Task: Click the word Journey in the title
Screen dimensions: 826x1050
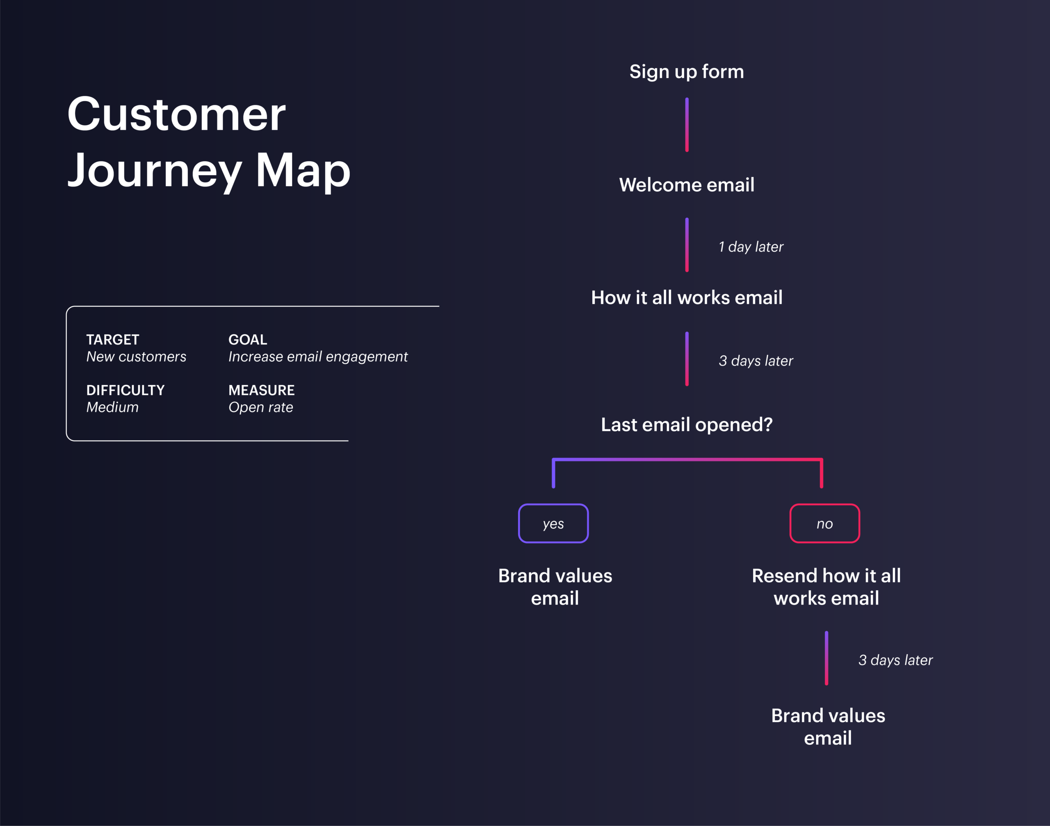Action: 155,170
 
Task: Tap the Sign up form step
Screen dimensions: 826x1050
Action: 686,72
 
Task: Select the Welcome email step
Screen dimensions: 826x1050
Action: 686,185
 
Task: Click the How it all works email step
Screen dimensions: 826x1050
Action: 686,297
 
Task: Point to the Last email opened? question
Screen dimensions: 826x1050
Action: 686,424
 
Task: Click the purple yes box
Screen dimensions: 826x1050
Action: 553,523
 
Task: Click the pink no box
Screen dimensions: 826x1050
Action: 825,523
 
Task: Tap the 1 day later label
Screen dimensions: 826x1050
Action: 751,246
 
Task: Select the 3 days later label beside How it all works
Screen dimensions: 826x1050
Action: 756,361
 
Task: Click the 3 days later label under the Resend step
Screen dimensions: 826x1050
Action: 895,660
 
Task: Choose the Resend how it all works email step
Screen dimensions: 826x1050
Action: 826,586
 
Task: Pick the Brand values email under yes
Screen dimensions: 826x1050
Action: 555,586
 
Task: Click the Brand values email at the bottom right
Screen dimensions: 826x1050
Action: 828,726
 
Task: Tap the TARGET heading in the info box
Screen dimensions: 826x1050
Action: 113,340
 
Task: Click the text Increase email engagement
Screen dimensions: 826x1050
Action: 318,357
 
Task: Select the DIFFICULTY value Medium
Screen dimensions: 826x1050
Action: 112,407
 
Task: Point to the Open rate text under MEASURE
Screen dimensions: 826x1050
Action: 261,407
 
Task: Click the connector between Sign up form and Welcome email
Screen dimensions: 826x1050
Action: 686,125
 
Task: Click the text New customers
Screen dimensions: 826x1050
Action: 136,357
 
